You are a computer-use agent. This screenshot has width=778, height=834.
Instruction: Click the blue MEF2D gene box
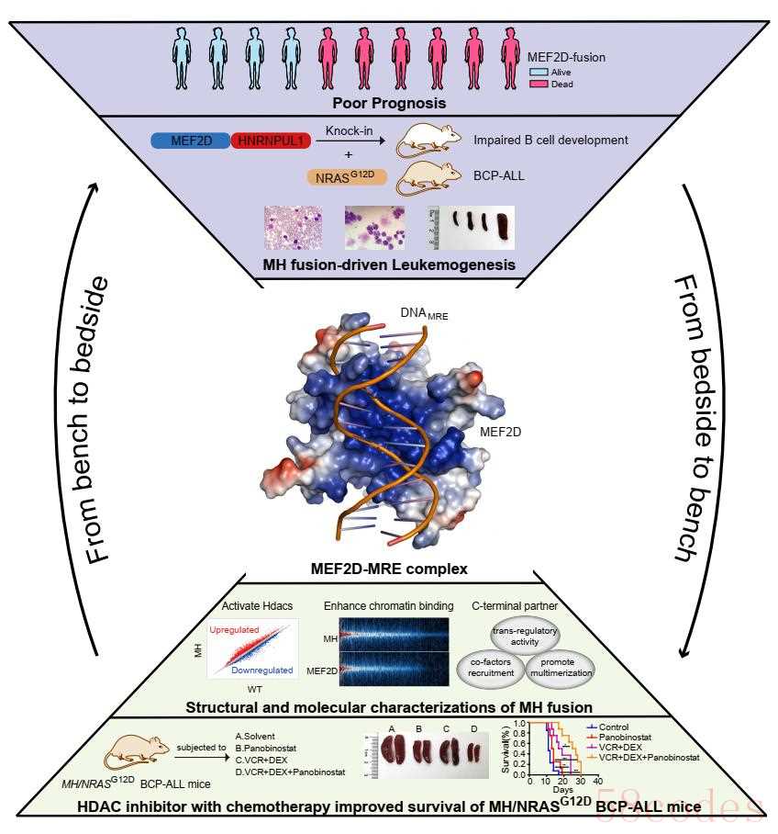pyautogui.click(x=191, y=141)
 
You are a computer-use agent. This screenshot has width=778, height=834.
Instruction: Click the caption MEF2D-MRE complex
pyautogui.click(x=389, y=569)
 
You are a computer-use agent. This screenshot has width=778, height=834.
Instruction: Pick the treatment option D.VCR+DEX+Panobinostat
pyautogui.click(x=291, y=772)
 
